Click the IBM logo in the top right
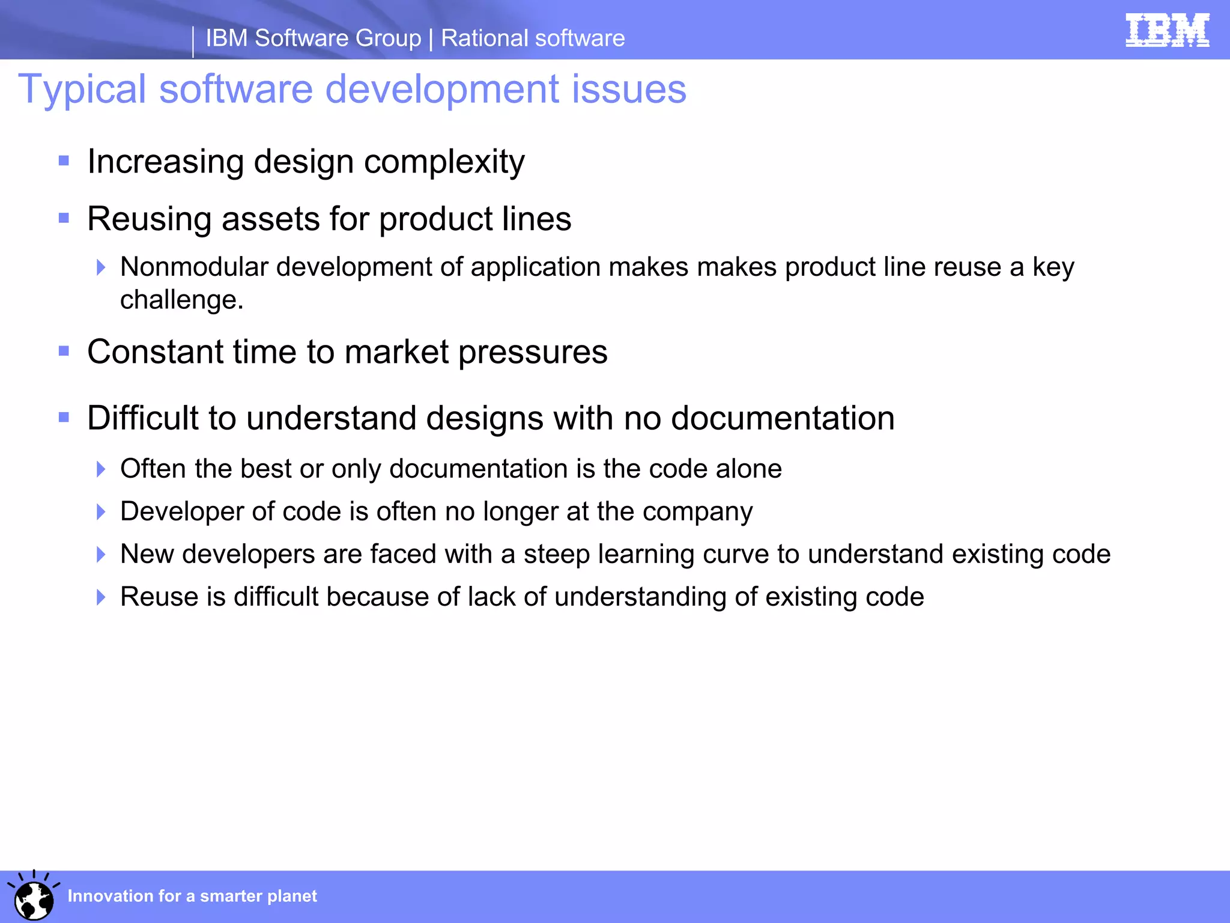1167,30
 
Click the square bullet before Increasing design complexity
64,161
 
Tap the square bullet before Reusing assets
64,218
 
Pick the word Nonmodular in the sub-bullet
194,267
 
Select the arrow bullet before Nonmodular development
101,267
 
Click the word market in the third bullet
396,352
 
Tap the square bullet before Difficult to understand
64,417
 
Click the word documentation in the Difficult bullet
783,418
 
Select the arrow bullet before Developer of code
101,512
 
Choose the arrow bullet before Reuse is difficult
101,597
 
